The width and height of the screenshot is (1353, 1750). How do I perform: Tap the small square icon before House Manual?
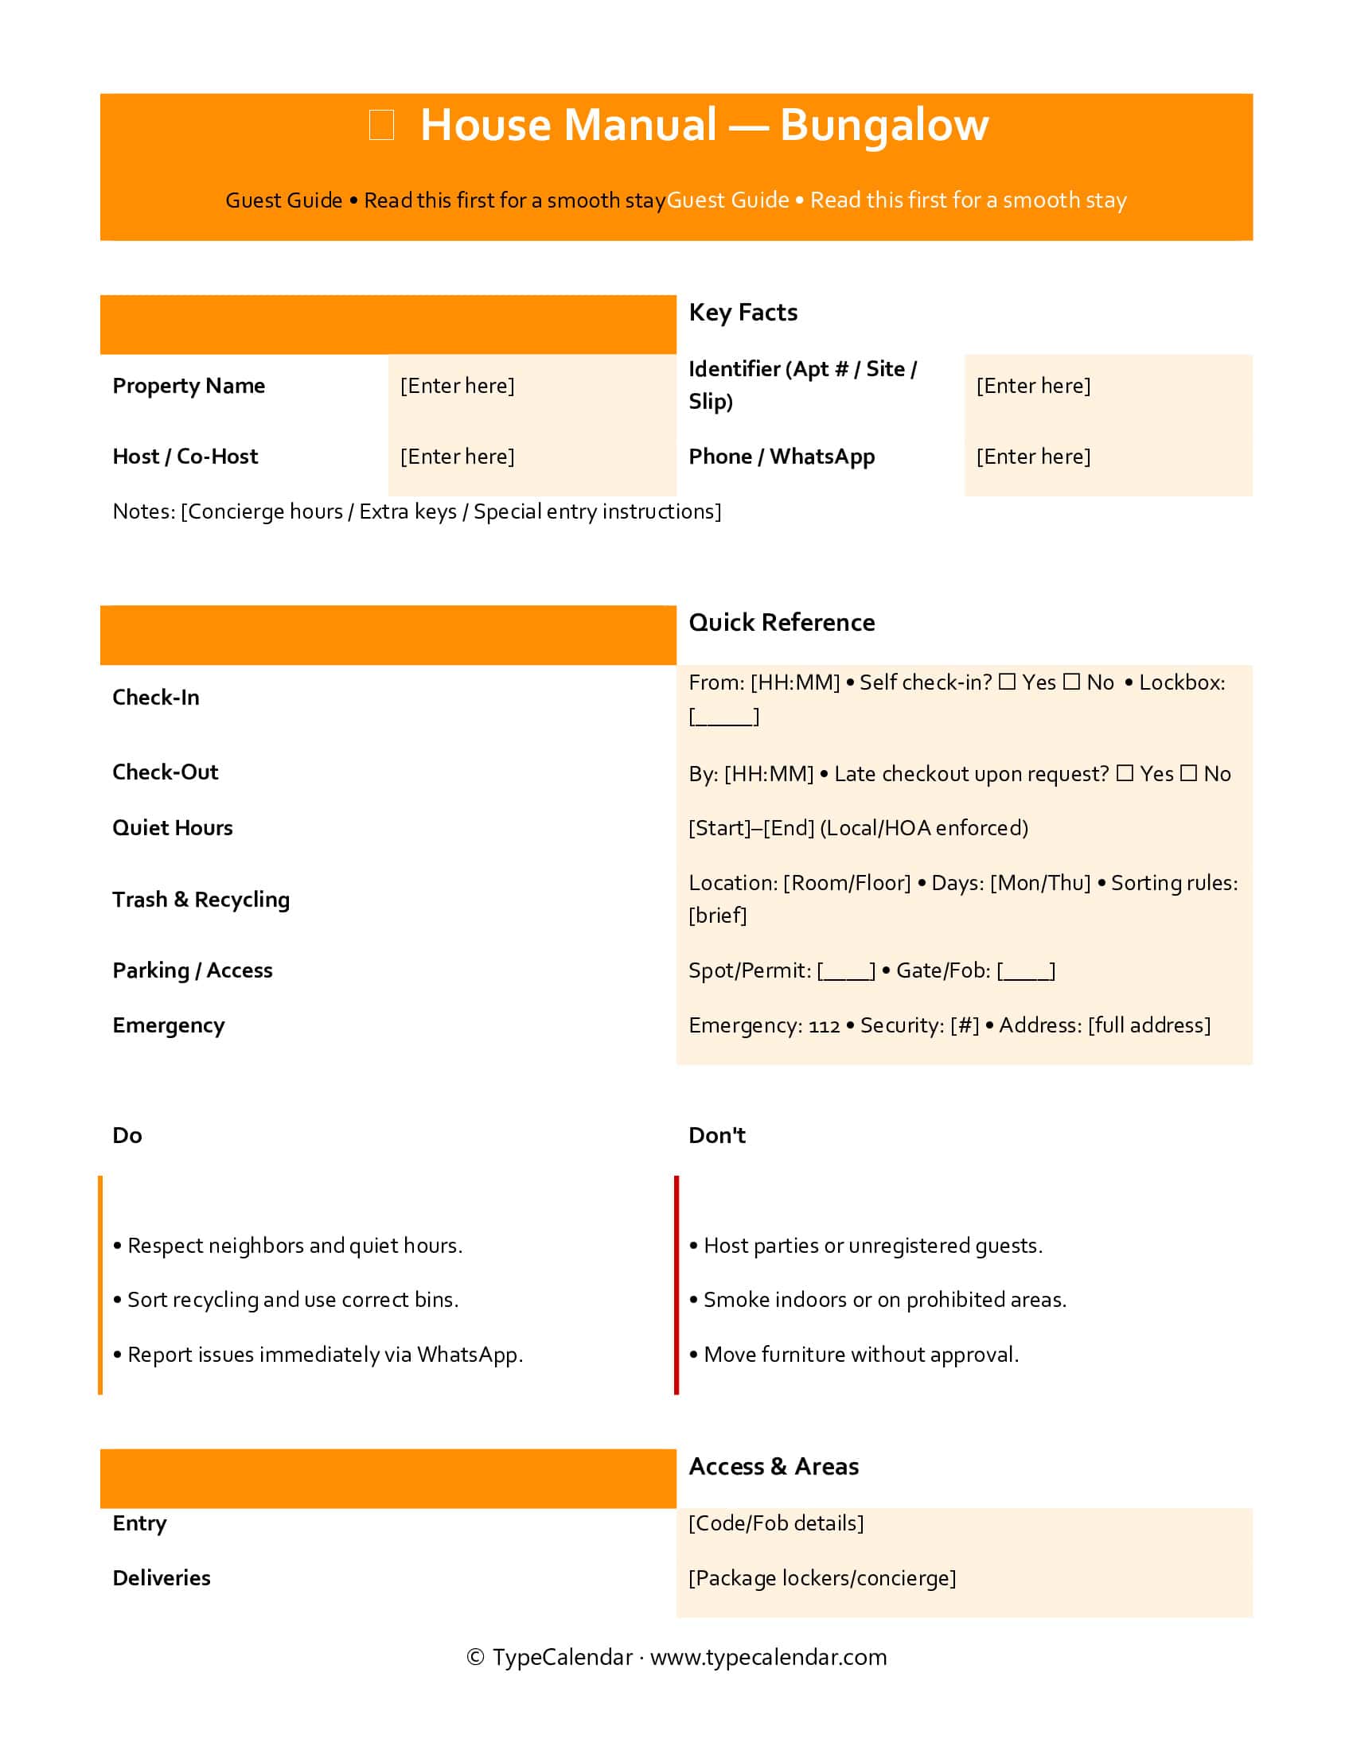pyautogui.click(x=380, y=125)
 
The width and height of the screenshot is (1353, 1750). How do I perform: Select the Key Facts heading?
pyautogui.click(x=743, y=312)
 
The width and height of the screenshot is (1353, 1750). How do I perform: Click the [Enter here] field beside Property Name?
pyautogui.click(x=457, y=386)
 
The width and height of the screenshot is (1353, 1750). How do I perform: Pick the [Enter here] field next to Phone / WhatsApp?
pyautogui.click(x=1032, y=456)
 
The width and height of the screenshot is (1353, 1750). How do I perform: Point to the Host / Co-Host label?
pyautogui.click(x=185, y=456)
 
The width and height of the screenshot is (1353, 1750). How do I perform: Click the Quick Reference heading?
pyautogui.click(x=781, y=622)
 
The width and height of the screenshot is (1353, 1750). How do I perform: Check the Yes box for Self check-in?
pyautogui.click(x=1008, y=682)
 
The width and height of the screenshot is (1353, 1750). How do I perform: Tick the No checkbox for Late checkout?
pyautogui.click(x=1189, y=773)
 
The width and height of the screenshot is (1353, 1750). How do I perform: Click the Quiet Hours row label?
pyautogui.click(x=173, y=828)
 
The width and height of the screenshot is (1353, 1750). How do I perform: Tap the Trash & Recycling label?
pyautogui.click(x=201, y=899)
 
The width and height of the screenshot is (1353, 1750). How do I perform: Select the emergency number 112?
pyautogui.click(x=824, y=1025)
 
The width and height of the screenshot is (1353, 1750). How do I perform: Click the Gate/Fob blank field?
pyautogui.click(x=1026, y=971)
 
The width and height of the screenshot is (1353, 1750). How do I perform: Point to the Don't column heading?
pyautogui.click(x=716, y=1135)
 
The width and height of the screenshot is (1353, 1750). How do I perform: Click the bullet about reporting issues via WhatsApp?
pyautogui.click(x=325, y=1354)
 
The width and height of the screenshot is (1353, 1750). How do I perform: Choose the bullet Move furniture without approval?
pyautogui.click(x=860, y=1354)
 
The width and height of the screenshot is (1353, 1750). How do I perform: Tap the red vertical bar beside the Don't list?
pyautogui.click(x=676, y=1285)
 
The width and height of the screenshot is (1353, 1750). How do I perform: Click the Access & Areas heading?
pyautogui.click(x=773, y=1466)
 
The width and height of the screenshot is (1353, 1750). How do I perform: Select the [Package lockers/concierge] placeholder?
pyautogui.click(x=821, y=1577)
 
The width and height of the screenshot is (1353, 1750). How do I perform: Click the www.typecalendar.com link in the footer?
pyautogui.click(x=768, y=1657)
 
